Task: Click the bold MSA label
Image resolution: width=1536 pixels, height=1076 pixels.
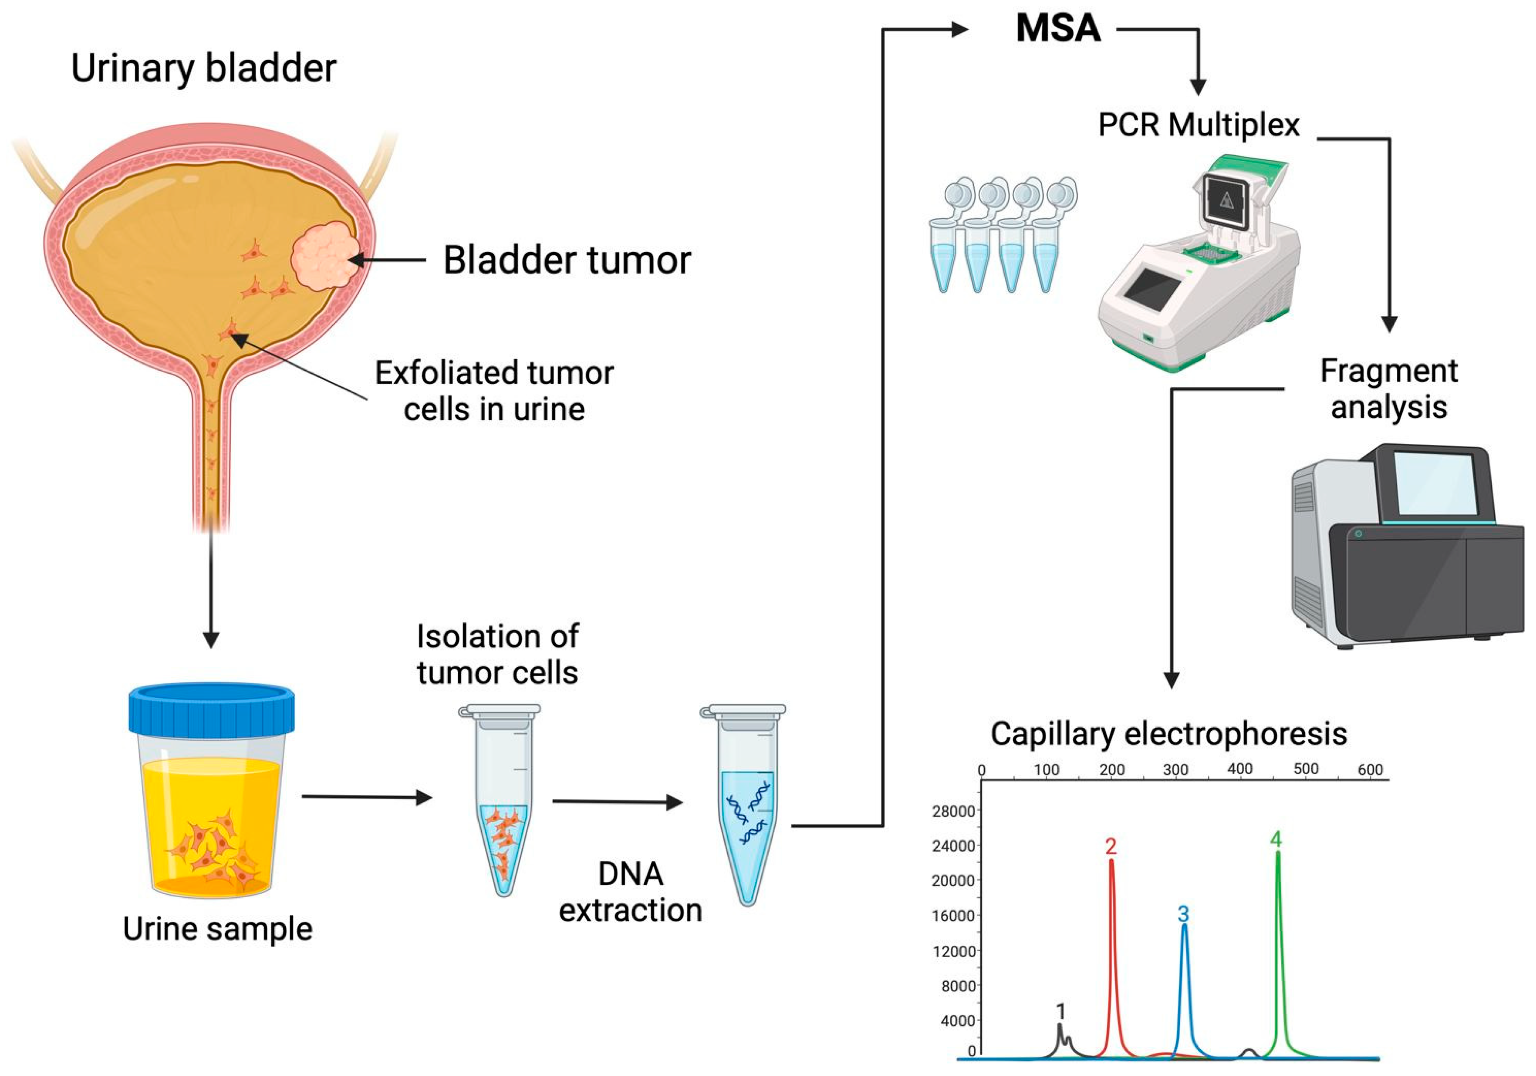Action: tap(1058, 29)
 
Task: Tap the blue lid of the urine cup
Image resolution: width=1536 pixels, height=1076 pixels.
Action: tap(212, 709)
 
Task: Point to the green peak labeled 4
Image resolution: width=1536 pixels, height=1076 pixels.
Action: tap(1278, 937)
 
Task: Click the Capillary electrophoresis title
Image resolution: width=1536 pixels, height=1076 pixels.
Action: tap(1169, 734)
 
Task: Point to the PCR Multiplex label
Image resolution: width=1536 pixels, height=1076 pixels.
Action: tap(1198, 125)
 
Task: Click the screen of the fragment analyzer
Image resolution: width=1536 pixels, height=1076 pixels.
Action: tap(1434, 483)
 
